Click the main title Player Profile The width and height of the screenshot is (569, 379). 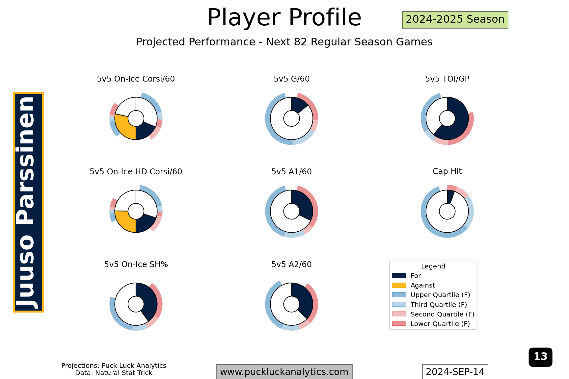284,17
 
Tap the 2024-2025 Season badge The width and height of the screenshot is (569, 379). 455,20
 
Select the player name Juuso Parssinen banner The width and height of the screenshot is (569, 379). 28,202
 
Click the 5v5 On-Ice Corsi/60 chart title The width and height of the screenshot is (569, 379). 136,79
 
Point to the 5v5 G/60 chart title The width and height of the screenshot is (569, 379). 291,79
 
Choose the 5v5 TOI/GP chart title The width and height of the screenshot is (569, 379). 447,79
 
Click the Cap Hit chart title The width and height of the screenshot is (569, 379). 447,171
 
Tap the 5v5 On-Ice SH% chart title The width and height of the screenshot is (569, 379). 136,265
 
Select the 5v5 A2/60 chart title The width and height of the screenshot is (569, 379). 291,265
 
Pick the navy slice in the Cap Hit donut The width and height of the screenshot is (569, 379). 450,197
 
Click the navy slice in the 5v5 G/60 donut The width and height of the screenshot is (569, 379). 299,105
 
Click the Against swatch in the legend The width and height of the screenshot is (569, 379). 399,285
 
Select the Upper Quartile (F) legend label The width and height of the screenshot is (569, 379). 440,295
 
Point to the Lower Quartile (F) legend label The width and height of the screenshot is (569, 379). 440,324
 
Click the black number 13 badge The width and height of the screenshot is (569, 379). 540,357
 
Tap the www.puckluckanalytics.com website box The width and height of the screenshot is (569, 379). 284,372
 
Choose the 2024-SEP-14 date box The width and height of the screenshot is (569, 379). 455,372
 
